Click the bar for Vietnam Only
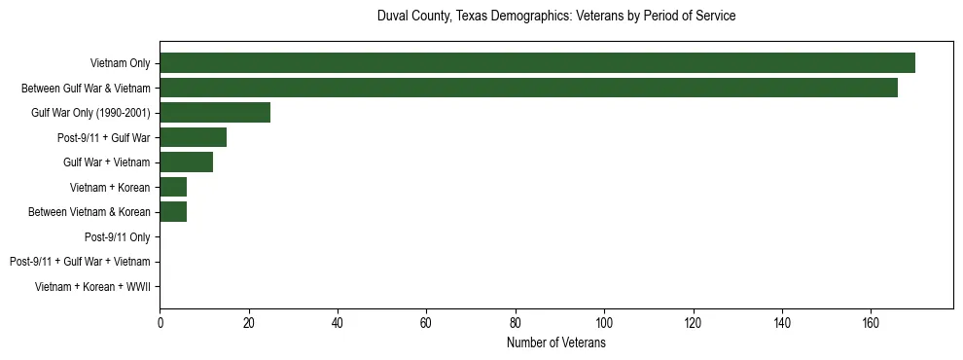[x=537, y=63]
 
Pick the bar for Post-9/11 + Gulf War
[x=193, y=137]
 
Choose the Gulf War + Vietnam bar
[x=186, y=162]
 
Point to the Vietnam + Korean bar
[x=173, y=187]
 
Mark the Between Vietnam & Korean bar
[x=173, y=212]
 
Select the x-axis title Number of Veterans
[x=555, y=343]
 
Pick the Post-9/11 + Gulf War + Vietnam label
[x=79, y=262]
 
